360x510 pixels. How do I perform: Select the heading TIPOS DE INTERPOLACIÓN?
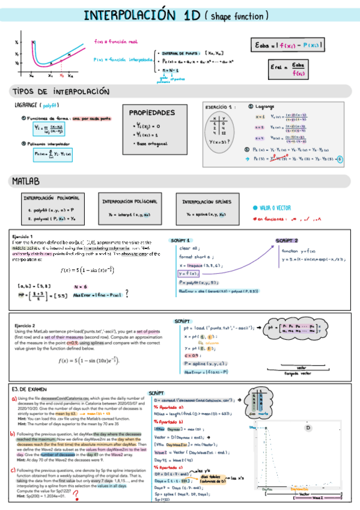point(61,92)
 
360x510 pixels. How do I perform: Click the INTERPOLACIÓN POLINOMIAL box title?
point(52,198)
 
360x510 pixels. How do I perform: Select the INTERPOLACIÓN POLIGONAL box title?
point(130,201)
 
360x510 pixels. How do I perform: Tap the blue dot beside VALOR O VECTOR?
point(255,207)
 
